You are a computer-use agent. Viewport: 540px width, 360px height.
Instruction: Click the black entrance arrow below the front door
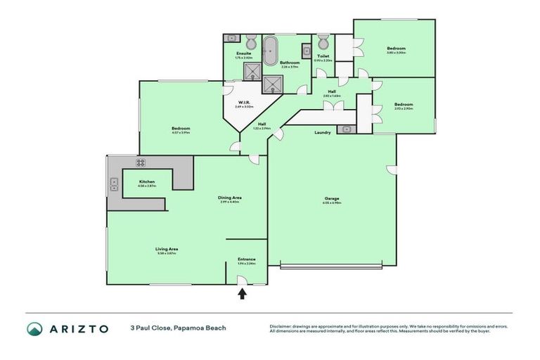coord(242,295)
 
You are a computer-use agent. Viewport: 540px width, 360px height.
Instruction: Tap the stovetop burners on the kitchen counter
coord(140,162)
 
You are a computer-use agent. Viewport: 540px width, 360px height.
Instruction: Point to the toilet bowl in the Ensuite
coord(250,39)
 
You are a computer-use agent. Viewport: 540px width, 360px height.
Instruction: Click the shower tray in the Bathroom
coord(271,84)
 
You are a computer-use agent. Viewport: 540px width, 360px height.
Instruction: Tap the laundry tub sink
coord(345,129)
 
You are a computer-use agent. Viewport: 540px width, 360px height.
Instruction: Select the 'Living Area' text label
coord(167,249)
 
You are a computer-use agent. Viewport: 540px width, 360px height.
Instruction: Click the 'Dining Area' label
coord(229,198)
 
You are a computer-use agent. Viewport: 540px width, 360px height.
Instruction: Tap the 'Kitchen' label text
coord(147,181)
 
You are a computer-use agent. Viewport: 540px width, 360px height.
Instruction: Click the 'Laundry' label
coord(323,132)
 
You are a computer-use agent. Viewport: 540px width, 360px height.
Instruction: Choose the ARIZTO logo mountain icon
coord(34,328)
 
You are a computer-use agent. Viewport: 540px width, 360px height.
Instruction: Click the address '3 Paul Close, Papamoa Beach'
coord(178,328)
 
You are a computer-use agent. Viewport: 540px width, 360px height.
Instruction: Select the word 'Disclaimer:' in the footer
coord(281,326)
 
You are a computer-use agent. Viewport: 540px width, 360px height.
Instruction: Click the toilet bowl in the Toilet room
coord(323,39)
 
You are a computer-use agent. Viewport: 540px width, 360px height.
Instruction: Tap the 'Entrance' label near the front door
coord(246,259)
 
